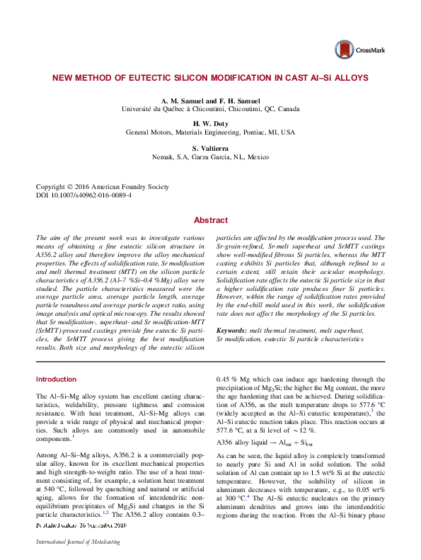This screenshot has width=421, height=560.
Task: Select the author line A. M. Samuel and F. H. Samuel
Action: click(210, 101)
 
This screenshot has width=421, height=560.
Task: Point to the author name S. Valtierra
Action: click(210, 147)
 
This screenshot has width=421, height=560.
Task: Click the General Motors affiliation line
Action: click(210, 132)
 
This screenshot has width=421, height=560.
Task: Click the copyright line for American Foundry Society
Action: click(103, 187)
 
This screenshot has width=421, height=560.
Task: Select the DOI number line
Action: click(83, 195)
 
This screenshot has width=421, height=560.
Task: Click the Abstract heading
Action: click(210, 220)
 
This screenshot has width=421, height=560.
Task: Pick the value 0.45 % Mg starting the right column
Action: click(238, 379)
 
